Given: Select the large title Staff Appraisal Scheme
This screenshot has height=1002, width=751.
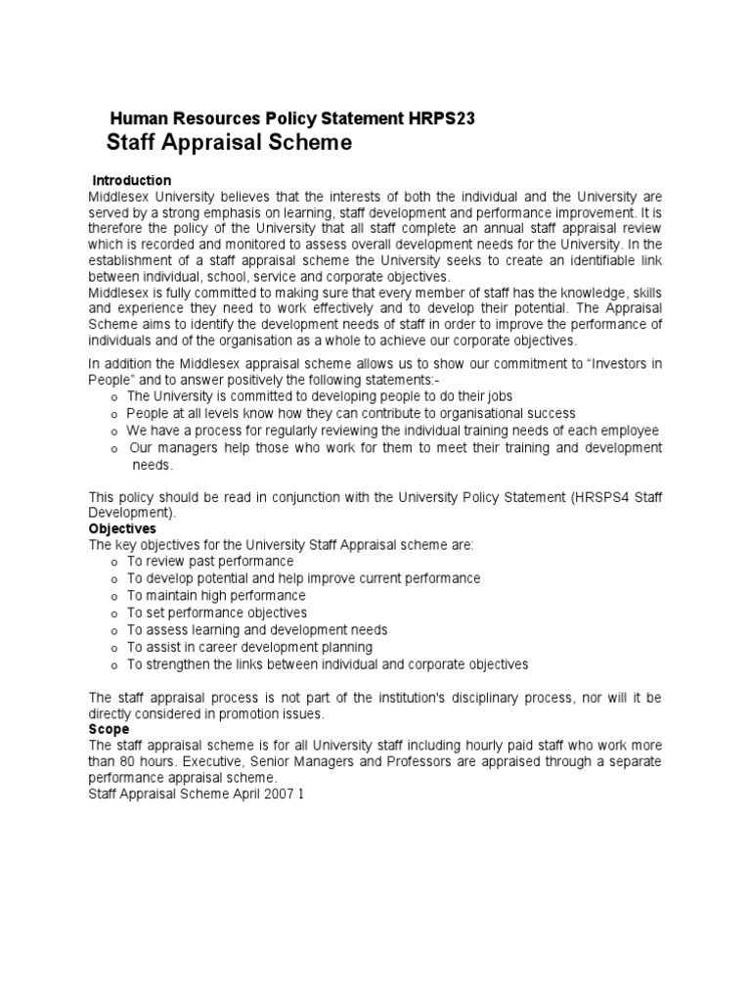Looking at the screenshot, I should click(x=227, y=144).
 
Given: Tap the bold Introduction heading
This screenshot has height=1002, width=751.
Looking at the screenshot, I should click(x=131, y=181).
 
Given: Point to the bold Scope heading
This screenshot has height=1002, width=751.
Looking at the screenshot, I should click(x=109, y=729).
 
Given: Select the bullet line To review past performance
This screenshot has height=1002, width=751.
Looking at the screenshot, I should click(x=209, y=562).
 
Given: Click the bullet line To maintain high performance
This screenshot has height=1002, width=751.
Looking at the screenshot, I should click(x=216, y=596).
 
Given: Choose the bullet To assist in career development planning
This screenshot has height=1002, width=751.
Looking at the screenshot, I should click(x=249, y=647).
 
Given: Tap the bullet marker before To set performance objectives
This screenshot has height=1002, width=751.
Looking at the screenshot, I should click(x=115, y=614).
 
